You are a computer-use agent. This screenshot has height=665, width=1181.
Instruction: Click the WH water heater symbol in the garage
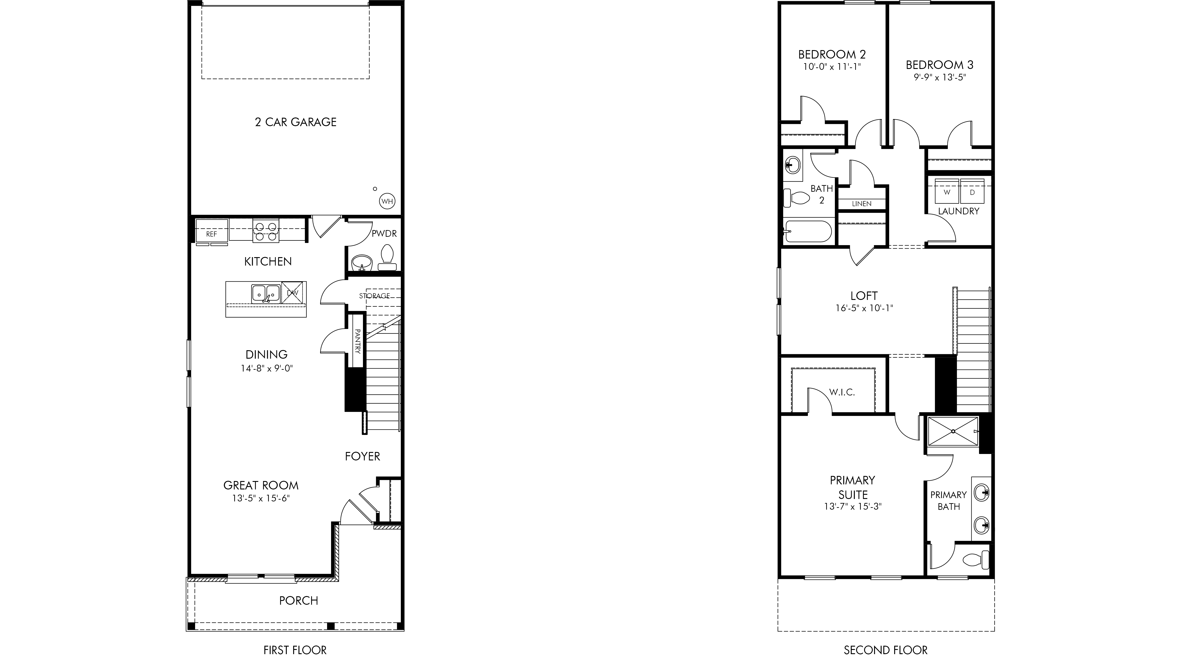pyautogui.click(x=387, y=201)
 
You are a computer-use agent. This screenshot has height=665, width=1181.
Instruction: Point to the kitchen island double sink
pyautogui.click(x=266, y=293)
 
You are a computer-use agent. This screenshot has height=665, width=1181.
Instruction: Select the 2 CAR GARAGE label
pyautogui.click(x=296, y=122)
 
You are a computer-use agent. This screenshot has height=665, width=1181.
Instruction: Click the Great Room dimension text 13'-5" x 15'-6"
pyautogui.click(x=261, y=498)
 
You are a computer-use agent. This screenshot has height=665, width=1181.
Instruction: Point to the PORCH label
pyautogui.click(x=299, y=600)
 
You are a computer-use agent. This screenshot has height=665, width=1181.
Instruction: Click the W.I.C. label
pyautogui.click(x=842, y=392)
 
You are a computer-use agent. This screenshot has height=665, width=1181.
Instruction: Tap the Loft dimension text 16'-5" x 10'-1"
pyautogui.click(x=864, y=308)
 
